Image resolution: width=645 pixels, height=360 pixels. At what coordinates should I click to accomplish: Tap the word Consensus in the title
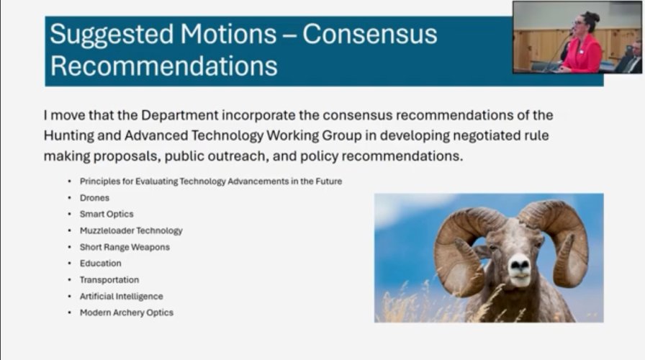370,33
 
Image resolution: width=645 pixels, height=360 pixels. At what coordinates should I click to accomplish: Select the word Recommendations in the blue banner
163,66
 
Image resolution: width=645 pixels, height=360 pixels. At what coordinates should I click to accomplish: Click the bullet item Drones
94,198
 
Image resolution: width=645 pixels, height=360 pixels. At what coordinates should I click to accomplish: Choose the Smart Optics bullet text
107,215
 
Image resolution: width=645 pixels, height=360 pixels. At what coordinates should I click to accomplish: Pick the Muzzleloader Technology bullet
131,231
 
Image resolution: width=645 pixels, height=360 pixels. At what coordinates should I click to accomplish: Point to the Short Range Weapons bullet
125,247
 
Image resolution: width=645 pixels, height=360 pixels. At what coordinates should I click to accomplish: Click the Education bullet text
100,264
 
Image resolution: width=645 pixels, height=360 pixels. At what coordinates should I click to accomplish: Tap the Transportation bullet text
109,280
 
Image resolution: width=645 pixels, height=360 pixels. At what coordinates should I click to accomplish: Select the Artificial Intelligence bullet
122,296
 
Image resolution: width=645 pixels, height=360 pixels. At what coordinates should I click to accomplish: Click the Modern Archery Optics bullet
126,312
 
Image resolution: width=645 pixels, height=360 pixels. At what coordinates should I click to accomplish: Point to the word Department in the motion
179,116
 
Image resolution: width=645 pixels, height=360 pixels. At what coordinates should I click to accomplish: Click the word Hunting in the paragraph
68,136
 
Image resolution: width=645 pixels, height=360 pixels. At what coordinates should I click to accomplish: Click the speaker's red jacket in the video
583,55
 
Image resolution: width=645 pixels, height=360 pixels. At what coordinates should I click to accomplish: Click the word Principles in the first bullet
100,181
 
